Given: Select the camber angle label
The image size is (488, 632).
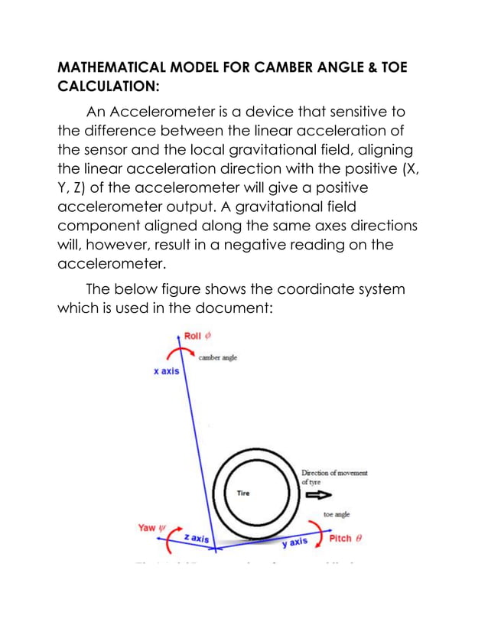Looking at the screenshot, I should [219, 357].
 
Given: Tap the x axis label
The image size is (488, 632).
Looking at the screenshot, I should [167, 372].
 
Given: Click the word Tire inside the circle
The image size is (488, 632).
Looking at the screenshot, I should [242, 493].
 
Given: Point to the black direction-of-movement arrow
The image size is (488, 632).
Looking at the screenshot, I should [314, 494].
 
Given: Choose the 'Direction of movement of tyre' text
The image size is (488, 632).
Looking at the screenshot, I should [334, 477].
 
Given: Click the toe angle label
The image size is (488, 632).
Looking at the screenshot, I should [337, 515].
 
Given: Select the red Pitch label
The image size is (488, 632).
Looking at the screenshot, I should [345, 538].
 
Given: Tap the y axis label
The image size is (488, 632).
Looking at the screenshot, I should [294, 542].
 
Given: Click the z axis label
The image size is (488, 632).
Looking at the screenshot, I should [197, 538].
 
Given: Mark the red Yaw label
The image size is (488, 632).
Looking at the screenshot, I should [148, 527].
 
